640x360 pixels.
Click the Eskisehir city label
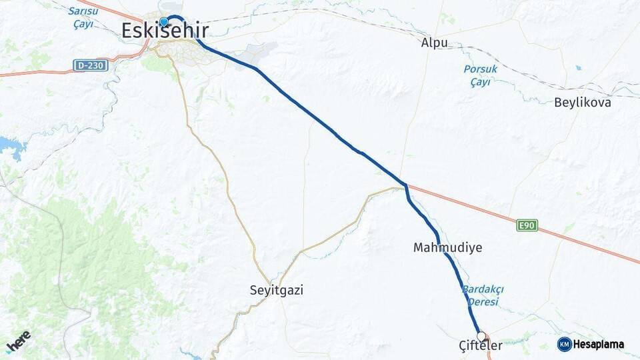165,31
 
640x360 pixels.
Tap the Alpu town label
434,43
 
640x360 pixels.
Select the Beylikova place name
582,102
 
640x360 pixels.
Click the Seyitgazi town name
276,291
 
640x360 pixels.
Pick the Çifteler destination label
480,346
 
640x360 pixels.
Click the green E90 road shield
527,226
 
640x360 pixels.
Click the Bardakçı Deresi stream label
483,295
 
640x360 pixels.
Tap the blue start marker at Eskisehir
163,22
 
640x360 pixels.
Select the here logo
19,341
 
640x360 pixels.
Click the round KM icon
564,344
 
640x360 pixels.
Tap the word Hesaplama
598,345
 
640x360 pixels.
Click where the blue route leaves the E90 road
404,185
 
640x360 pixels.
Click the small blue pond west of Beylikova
577,67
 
